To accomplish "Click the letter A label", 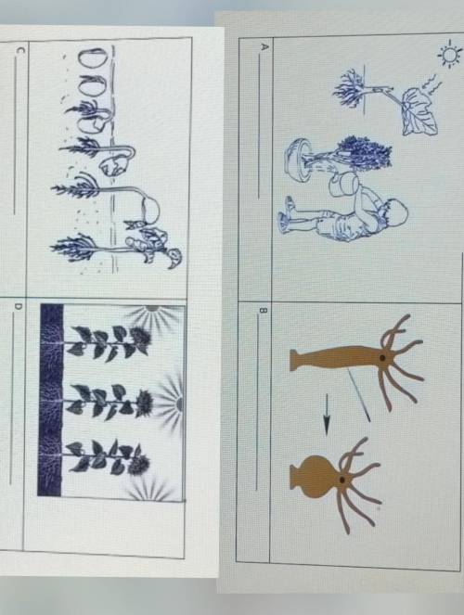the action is tap(264, 47).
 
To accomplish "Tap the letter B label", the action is tap(264, 311).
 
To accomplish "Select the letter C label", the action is tap(20, 50).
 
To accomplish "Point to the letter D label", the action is tap(18, 306).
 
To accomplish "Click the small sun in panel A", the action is tap(449, 54).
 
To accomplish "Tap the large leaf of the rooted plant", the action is tap(419, 111).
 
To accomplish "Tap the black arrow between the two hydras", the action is tap(327, 415).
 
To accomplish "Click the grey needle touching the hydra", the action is tap(358, 396).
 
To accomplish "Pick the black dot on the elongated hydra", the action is tap(381, 358).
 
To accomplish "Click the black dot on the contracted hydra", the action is tap(342, 480).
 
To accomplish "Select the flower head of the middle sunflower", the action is tap(145, 404).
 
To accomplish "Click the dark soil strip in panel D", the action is tap(51, 400).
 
